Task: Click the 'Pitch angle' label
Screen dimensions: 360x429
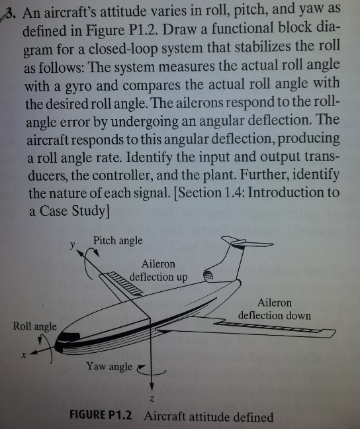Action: click(x=118, y=240)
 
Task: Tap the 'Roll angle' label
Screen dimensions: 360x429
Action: click(x=35, y=326)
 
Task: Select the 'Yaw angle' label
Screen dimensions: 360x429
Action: click(x=109, y=366)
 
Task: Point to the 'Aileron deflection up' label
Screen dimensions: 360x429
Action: click(x=159, y=271)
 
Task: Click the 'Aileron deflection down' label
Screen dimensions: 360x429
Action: click(x=275, y=309)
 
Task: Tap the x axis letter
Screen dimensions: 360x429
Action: click(x=24, y=356)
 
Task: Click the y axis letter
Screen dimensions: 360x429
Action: click(x=72, y=244)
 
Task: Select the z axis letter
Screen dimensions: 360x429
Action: click(x=152, y=399)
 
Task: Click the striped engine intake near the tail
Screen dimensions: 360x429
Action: click(x=208, y=275)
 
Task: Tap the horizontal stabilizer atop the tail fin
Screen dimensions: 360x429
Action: click(x=246, y=242)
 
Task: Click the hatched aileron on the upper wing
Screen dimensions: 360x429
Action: click(x=126, y=283)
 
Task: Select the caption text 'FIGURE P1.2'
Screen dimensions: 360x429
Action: click(x=101, y=415)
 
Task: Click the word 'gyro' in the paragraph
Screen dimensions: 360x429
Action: click(x=79, y=87)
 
